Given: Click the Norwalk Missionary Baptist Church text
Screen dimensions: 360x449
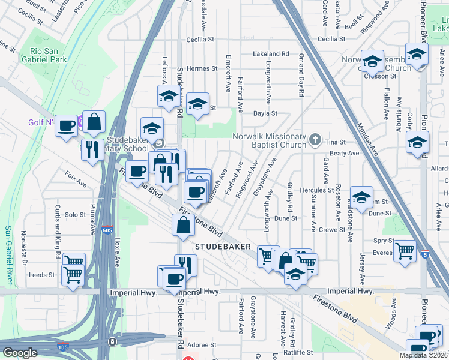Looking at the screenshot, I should [x=270, y=140].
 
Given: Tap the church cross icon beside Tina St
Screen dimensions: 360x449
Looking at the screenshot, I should [x=315, y=140].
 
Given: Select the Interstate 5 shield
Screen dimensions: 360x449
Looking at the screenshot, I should [x=425, y=255].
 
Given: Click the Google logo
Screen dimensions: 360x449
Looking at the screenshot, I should [x=20, y=353].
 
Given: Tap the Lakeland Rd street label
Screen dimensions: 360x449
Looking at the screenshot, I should [x=271, y=53].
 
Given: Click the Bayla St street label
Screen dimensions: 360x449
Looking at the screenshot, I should [x=265, y=113].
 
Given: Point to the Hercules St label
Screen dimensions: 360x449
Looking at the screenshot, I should [x=316, y=190].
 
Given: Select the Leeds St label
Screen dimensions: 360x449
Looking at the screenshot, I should [x=41, y=275].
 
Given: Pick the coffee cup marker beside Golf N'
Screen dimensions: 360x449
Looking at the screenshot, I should [x=67, y=126].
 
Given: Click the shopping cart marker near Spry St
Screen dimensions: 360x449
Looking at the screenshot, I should [x=405, y=251].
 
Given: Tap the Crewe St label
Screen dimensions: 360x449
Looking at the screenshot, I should [x=332, y=229].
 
